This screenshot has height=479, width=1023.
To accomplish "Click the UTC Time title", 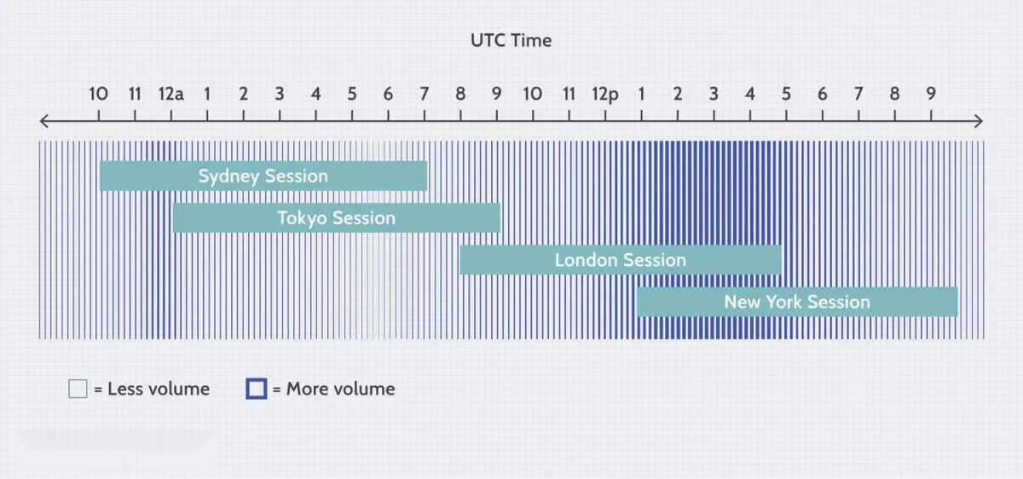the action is (511, 41).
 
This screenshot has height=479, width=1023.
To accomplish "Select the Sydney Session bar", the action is (263, 176).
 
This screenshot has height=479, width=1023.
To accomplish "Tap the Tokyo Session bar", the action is (337, 218).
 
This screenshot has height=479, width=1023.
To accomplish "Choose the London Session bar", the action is (621, 260).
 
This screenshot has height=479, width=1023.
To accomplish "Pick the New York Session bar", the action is (797, 302).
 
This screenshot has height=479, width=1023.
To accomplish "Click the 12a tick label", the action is (170, 94).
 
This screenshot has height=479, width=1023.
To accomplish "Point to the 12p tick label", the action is (605, 95).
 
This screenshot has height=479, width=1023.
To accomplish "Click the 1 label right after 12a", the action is (207, 94).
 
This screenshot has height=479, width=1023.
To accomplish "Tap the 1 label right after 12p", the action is (641, 94).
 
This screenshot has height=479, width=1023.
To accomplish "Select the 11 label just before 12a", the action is (135, 94).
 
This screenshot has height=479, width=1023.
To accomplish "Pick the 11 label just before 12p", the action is (569, 94).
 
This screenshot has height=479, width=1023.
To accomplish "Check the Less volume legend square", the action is (78, 389).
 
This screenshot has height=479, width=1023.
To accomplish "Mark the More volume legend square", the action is (257, 389).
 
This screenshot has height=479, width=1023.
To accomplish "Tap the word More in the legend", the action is (304, 389).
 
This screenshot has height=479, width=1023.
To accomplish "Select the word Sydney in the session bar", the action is (228, 176).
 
